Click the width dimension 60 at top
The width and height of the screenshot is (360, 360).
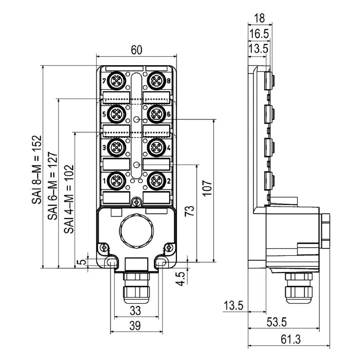(136, 49)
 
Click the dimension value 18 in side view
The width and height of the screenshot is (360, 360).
(259, 18)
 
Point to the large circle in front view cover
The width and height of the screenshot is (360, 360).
(136, 231)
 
